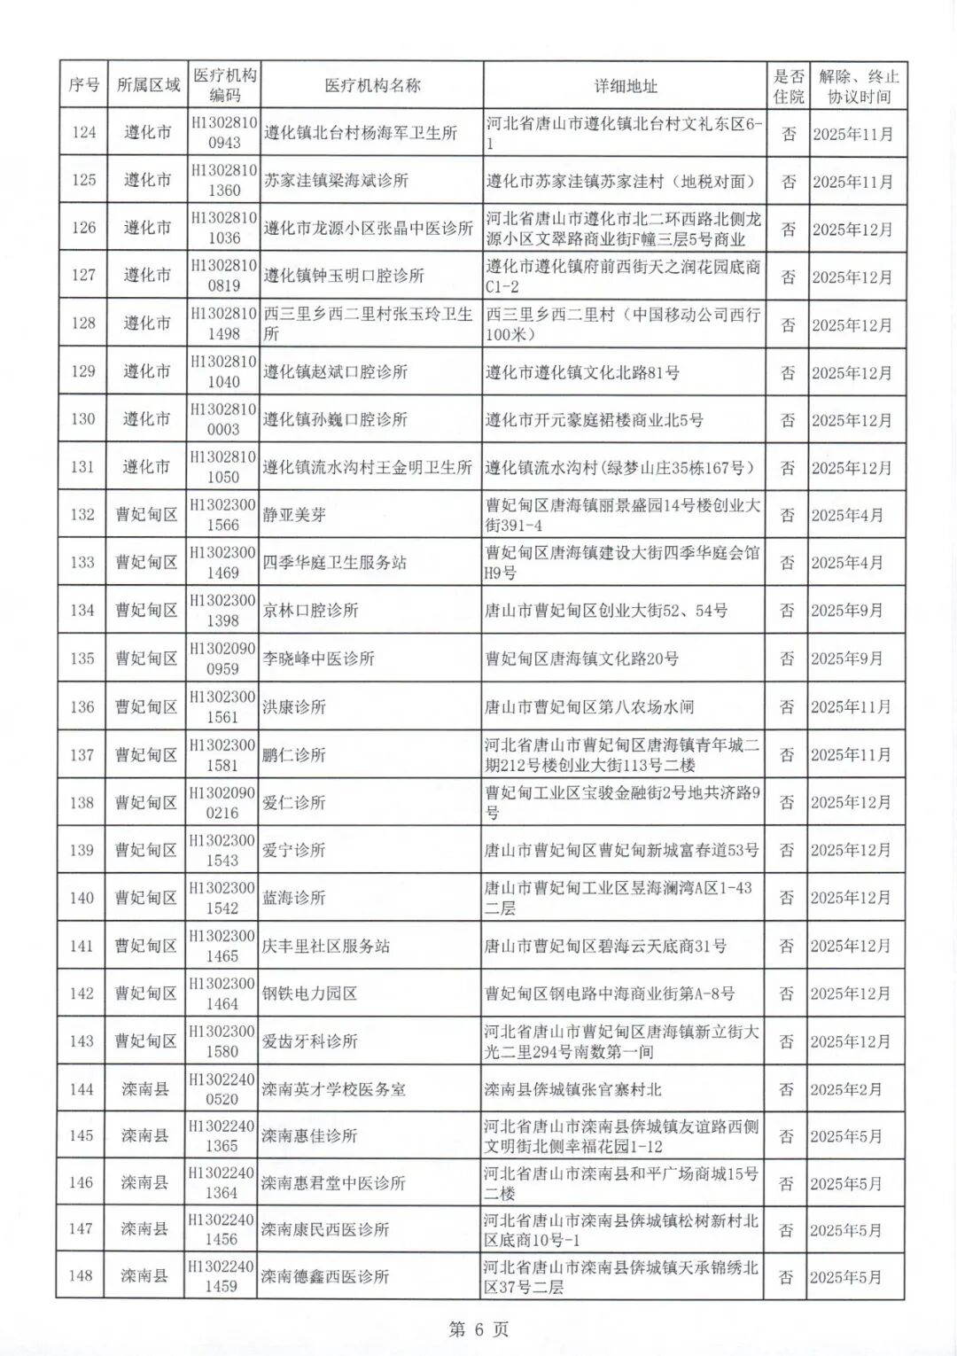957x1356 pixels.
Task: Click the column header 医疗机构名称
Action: pyautogui.click(x=371, y=86)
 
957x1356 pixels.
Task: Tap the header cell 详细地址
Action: pyautogui.click(x=625, y=86)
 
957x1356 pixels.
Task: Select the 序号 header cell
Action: pyautogui.click(x=83, y=86)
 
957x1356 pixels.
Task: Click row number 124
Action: pyautogui.click(x=83, y=133)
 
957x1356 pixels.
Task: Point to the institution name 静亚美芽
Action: pyautogui.click(x=293, y=515)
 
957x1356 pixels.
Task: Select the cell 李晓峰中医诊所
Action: pyautogui.click(x=318, y=659)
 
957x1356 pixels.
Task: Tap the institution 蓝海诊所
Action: pyautogui.click(x=293, y=898)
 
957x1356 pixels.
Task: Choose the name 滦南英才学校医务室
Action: pyautogui.click(x=333, y=1089)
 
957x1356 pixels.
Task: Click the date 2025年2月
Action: pyautogui.click(x=846, y=1089)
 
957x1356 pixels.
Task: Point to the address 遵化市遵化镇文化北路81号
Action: pyautogui.click(x=582, y=372)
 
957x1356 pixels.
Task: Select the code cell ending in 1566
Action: pyautogui.click(x=222, y=515)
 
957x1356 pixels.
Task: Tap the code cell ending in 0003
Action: pyautogui.click(x=223, y=419)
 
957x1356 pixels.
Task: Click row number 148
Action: pyautogui.click(x=81, y=1276)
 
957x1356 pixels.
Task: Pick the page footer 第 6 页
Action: pyautogui.click(x=478, y=1329)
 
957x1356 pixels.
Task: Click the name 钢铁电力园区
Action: pyautogui.click(x=308, y=994)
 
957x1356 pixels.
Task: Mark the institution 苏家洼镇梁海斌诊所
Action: pyautogui.click(x=336, y=181)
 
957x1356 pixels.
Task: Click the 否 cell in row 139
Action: pyautogui.click(x=786, y=850)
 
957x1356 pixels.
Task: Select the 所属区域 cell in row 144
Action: pyautogui.click(x=144, y=1089)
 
